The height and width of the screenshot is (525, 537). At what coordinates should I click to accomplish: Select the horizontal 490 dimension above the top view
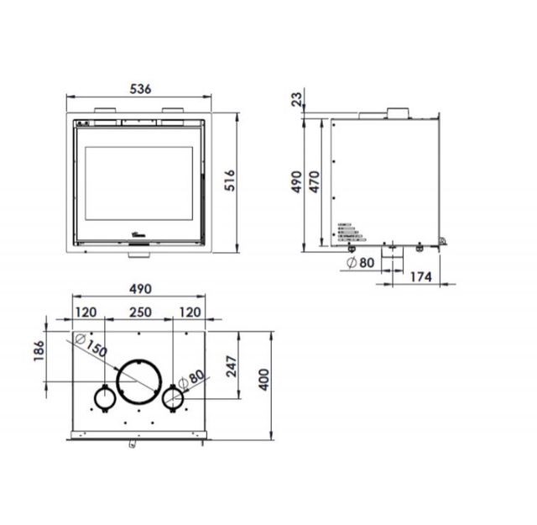coord(139,288)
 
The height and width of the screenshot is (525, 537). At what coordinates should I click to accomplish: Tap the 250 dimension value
coord(139,312)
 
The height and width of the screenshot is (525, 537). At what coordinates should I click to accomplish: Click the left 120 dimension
coord(86,312)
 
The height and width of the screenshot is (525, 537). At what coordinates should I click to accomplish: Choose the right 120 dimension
coord(190,312)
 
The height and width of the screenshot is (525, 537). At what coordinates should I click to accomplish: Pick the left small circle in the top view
coord(104,399)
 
